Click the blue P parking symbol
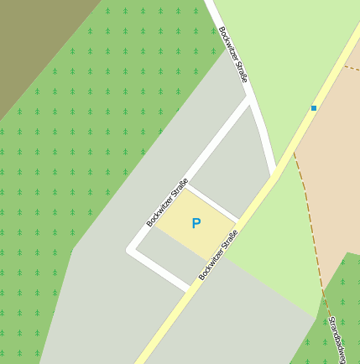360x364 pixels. (x=196, y=223)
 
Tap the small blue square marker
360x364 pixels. (x=314, y=107)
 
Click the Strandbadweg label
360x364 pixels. (x=337, y=340)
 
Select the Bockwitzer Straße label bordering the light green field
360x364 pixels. (x=233, y=54)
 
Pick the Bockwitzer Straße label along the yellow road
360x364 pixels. (x=218, y=256)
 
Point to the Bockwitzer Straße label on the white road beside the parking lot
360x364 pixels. (x=167, y=203)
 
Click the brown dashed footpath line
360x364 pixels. (x=312, y=218)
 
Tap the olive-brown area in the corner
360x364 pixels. (x=34, y=42)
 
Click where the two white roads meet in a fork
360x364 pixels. (x=249, y=99)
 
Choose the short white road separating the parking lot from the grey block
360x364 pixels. (x=211, y=203)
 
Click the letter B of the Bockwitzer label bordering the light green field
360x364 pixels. (x=222, y=30)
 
